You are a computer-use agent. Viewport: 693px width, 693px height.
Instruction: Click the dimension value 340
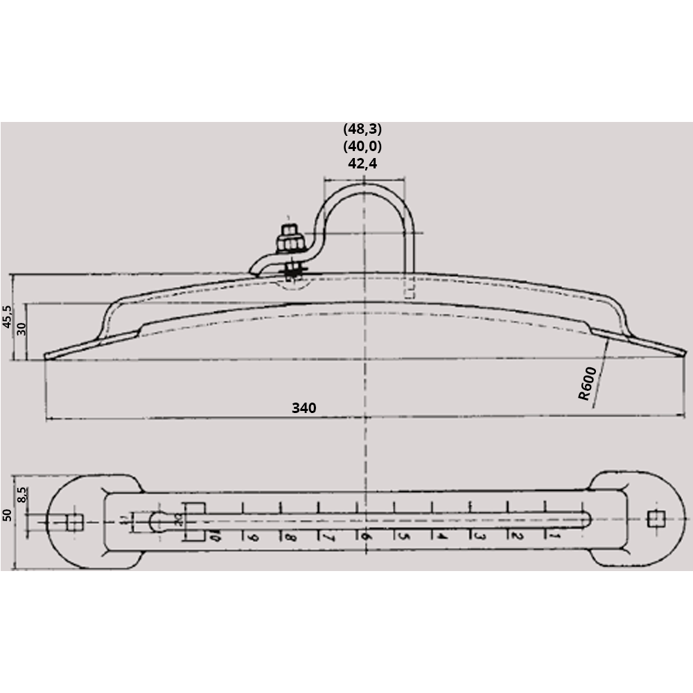coord(304,408)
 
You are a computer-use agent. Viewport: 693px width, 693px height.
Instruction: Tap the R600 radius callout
coord(587,384)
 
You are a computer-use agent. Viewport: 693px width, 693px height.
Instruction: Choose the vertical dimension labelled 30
coord(22,328)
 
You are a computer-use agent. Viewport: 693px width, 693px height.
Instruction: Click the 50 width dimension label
coord(7,514)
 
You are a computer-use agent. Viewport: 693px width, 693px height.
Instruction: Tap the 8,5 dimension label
coord(22,495)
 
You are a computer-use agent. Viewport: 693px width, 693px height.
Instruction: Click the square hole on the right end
coord(653,518)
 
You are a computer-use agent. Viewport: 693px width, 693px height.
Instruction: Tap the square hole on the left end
coord(74,522)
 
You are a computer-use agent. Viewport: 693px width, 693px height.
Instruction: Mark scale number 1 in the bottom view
coord(553,536)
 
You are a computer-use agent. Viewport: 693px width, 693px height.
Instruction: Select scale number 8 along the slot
coord(290,536)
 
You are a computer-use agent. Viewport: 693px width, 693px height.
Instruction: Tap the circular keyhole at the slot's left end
coord(159,521)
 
